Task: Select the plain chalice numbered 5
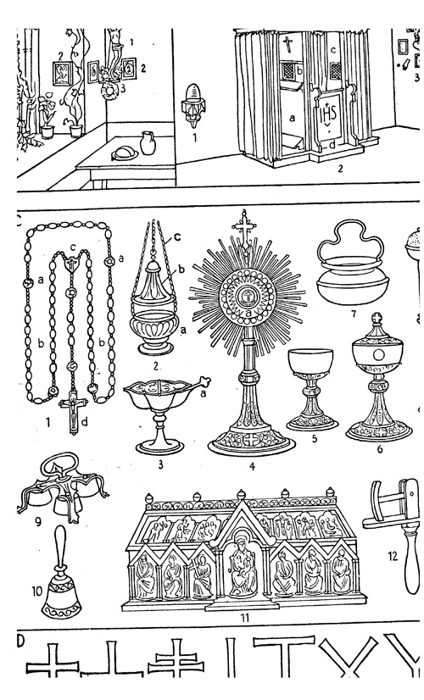[x=311, y=389]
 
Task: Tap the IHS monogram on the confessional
[x=329, y=109]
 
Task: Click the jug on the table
[x=148, y=143]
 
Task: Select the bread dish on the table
[x=126, y=153]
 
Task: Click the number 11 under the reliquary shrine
[x=244, y=618]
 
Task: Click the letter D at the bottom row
[x=20, y=640]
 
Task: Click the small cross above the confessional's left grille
[x=287, y=45]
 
